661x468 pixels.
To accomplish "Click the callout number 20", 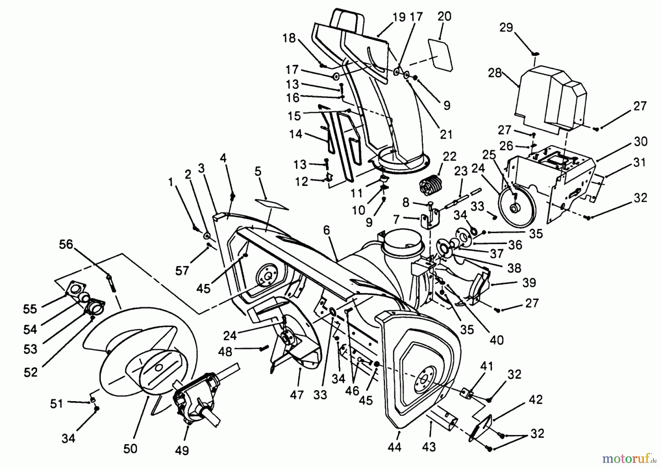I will (x=444, y=16).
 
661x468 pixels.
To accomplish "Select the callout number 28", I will (x=495, y=73).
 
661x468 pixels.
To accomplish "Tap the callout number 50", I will (x=130, y=449).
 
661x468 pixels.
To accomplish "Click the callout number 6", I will (x=326, y=230).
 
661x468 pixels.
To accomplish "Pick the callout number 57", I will (x=182, y=271).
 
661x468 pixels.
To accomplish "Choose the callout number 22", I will (x=449, y=156).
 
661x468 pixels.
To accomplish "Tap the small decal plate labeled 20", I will (x=440, y=54).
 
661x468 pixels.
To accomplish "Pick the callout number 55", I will (x=30, y=309).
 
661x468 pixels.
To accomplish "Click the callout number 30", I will (x=640, y=141).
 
